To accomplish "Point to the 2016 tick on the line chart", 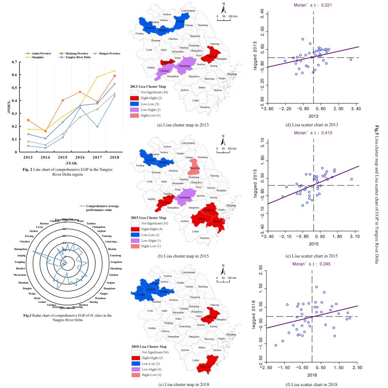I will click(x=80, y=156).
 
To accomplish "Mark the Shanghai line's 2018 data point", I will click(x=114, y=71).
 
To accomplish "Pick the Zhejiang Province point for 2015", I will click(x=63, y=100).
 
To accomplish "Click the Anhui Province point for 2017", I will click(x=97, y=127).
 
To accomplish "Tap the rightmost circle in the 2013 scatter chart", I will click(x=351, y=59).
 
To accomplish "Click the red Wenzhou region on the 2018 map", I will click(x=207, y=365).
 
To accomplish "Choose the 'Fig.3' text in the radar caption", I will click(x=27, y=315).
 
